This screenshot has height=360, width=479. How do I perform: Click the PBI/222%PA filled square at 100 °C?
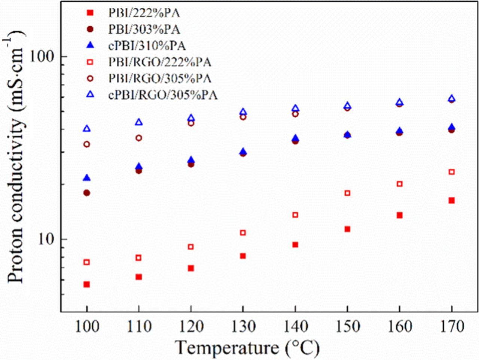tap(86, 284)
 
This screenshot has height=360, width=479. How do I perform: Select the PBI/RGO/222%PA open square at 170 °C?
tap(452, 172)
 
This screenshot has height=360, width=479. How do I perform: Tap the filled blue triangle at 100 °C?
tap(86, 178)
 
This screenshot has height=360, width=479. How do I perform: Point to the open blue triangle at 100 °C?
tap(87, 129)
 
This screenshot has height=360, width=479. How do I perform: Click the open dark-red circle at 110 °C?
tap(139, 138)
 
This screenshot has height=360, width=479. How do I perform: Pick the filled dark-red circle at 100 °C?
tap(86, 193)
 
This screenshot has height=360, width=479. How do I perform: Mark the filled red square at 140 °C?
tap(295, 245)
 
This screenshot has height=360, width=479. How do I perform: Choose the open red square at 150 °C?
tap(347, 193)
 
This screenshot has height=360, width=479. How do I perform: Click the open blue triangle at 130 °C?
tap(243, 112)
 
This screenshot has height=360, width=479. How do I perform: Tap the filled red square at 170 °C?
tap(452, 201)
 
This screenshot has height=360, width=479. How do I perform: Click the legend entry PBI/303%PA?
tap(144, 29)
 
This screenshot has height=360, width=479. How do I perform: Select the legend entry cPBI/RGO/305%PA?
tap(163, 95)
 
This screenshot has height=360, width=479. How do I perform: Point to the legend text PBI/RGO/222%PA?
tap(160, 62)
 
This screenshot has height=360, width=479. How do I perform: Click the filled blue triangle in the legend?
tap(89, 46)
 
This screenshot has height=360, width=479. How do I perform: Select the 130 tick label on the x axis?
tap(243, 326)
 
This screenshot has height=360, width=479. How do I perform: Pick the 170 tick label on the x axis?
tap(452, 326)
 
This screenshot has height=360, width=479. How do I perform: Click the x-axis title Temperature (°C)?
tap(247, 348)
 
